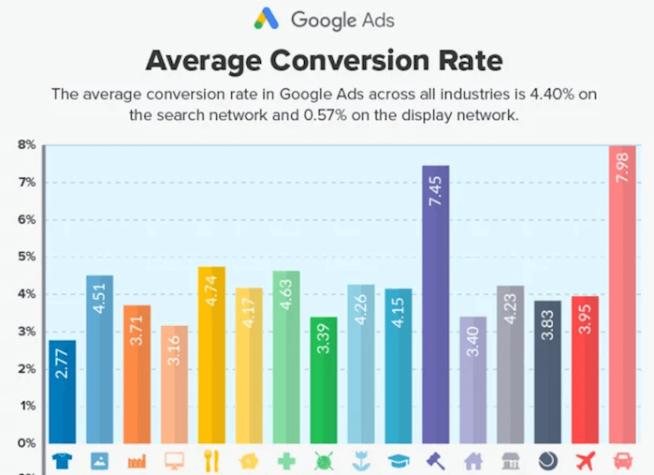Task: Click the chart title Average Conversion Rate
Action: [x=324, y=61]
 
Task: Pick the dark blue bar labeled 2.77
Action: [x=62, y=393]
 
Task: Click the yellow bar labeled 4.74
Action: [x=211, y=356]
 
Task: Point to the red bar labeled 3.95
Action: [x=585, y=371]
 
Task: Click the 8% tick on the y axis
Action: [x=25, y=145]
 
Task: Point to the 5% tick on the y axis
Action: [x=25, y=257]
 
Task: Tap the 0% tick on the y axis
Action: [x=25, y=443]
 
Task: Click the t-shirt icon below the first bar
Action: [x=62, y=461]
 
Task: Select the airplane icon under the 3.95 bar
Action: [x=585, y=461]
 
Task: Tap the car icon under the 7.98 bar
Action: [x=622, y=461]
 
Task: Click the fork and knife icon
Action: [x=211, y=461]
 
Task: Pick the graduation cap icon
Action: [x=399, y=461]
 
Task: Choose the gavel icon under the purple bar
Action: [x=436, y=461]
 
